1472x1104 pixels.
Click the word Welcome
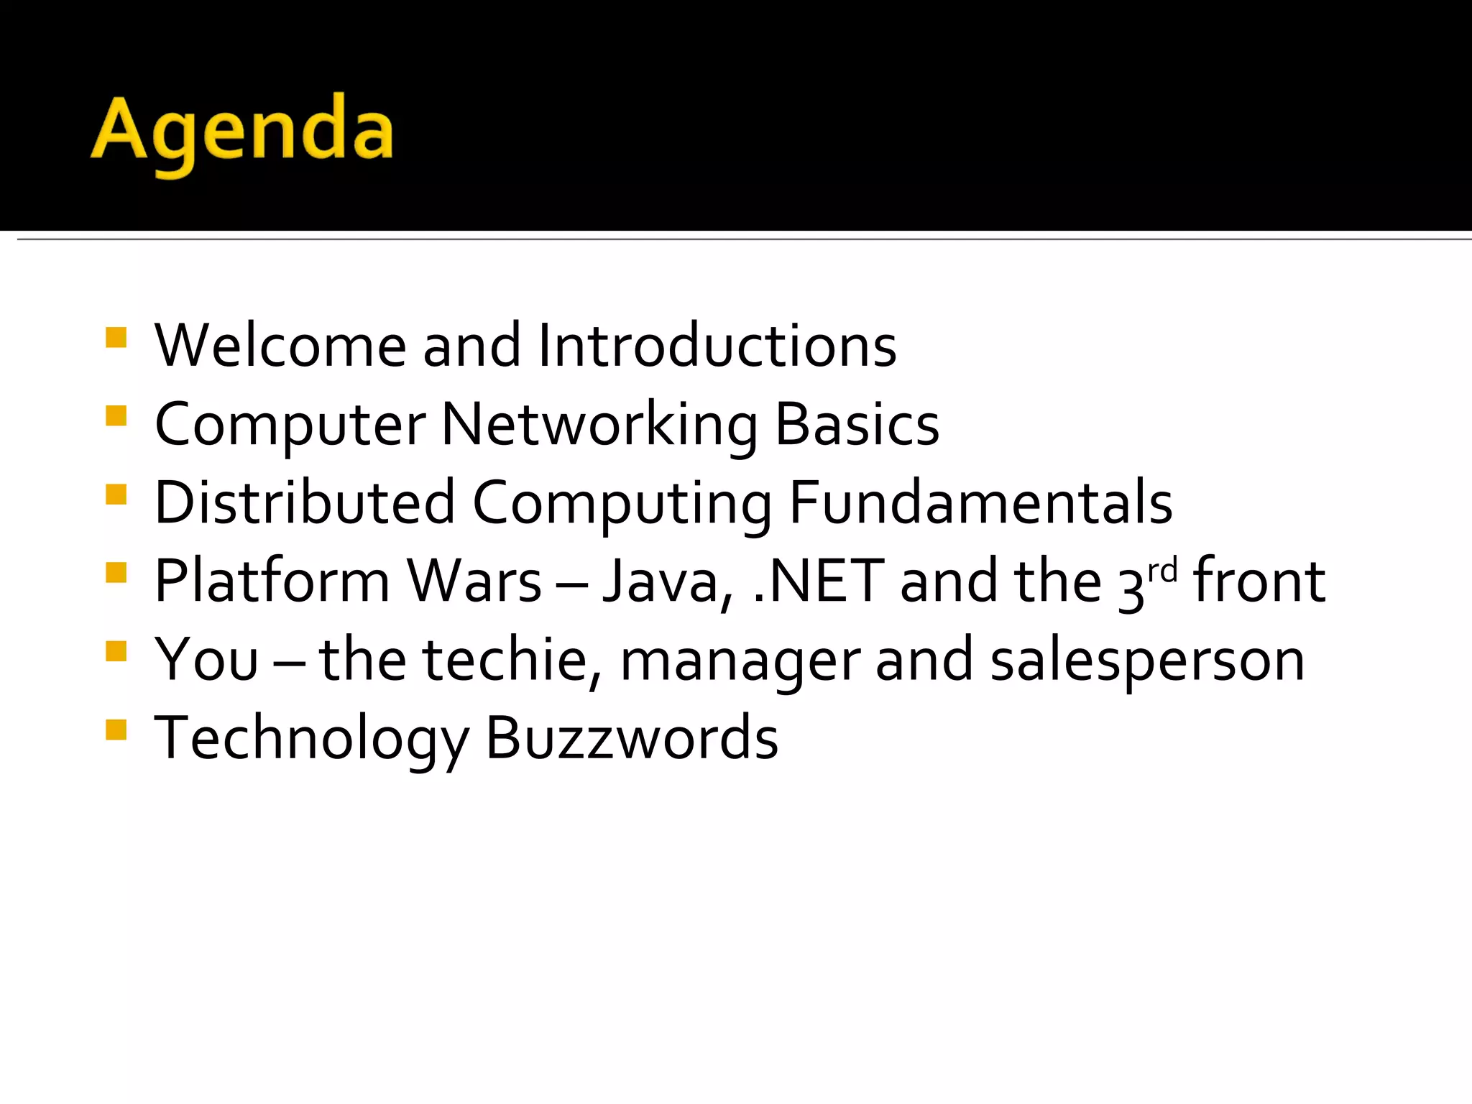[x=280, y=346]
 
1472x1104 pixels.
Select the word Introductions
[x=717, y=346]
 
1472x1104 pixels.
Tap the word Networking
[x=599, y=425]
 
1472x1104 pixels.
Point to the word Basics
[x=857, y=425]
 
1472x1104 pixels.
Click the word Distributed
[x=305, y=502]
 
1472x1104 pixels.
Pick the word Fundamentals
[x=980, y=502]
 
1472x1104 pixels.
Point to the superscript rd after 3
[x=1162, y=571]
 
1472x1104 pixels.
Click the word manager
[x=740, y=660]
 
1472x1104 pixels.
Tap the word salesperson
[x=1147, y=660]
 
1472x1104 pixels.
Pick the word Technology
[x=311, y=738]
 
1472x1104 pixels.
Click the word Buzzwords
[x=632, y=738]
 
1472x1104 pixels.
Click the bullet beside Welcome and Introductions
[x=116, y=338]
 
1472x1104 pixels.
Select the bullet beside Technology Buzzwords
[x=116, y=730]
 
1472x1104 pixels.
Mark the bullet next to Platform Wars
[x=116, y=573]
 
